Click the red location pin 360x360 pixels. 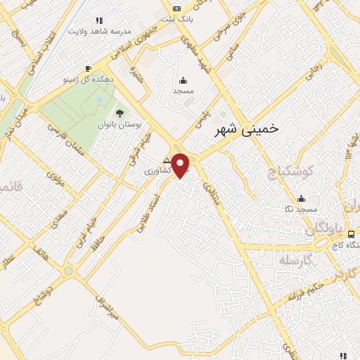[x=181, y=165]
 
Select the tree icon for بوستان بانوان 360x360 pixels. [x=119, y=112]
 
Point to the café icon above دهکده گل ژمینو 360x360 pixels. [x=87, y=68]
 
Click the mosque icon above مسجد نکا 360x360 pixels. [x=302, y=198]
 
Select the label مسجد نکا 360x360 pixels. [x=302, y=210]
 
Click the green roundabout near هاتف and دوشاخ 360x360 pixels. [x=68, y=271]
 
